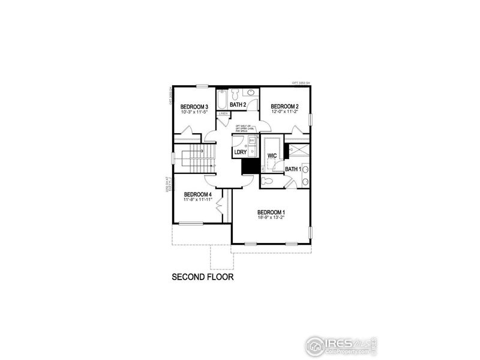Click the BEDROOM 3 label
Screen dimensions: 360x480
coord(194,107)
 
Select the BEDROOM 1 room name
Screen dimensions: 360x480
coord(271,212)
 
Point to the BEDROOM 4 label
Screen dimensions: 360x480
coord(198,194)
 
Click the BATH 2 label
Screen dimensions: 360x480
coord(238,105)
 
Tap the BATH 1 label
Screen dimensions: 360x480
coord(293,170)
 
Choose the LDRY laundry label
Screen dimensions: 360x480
coord(242,153)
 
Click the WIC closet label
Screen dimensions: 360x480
coord(272,155)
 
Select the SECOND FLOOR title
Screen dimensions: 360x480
coord(202,277)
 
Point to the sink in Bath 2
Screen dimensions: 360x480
coord(251,92)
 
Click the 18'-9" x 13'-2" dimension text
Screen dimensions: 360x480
coord(271,218)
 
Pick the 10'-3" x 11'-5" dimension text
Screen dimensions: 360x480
coord(194,112)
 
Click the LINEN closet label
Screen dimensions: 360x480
coord(223,113)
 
